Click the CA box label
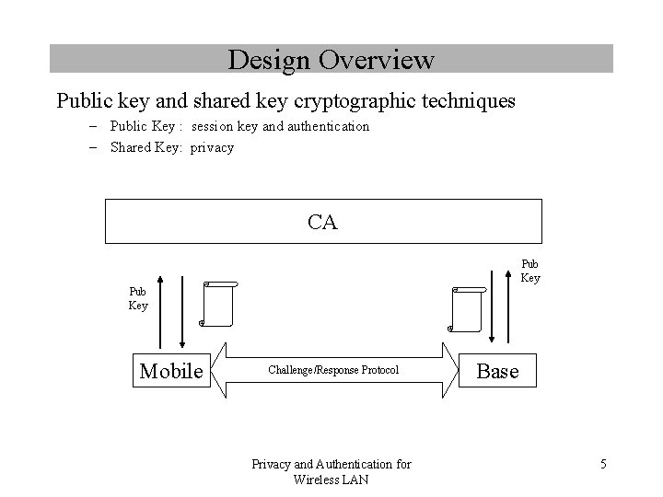click(x=321, y=222)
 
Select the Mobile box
click(x=170, y=371)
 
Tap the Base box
click(x=497, y=371)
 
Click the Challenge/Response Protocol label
click(x=333, y=370)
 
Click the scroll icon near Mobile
click(x=219, y=305)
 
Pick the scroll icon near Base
click(x=468, y=308)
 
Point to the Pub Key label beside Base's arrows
click(x=530, y=271)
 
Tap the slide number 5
click(x=602, y=464)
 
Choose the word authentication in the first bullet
click(x=329, y=126)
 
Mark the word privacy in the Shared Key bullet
click(x=212, y=147)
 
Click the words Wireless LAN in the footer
click(x=331, y=479)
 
